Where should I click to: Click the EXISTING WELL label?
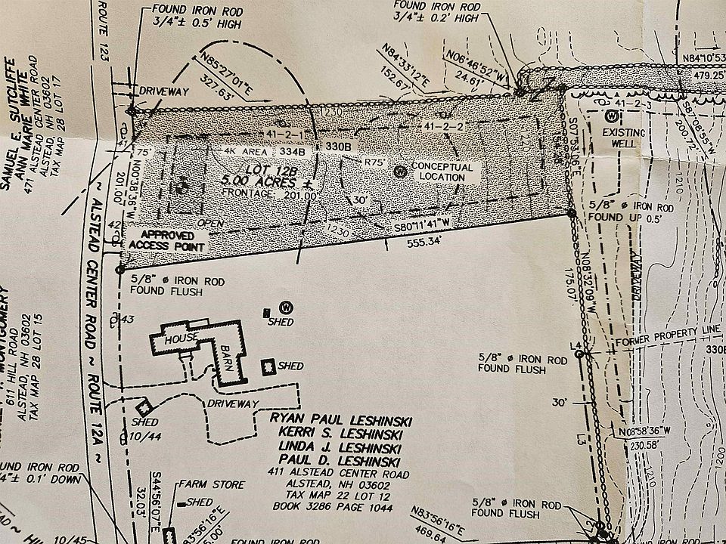point(624,140)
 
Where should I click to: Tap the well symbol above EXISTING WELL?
point(610,116)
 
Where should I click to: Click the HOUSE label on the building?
point(182,337)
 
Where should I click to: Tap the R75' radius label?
point(376,161)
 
